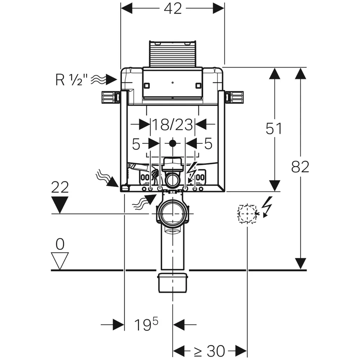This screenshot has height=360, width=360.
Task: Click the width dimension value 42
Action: coord(173,8)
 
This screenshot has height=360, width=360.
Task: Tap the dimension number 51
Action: coord(274,129)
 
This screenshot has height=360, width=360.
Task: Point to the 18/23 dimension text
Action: coord(172,124)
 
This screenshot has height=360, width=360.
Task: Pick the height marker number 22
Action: coord(60,187)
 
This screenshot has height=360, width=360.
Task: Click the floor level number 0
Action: coord(60,244)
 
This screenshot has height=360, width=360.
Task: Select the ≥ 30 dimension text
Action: coord(210,350)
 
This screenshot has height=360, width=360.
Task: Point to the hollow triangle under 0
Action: coord(60,260)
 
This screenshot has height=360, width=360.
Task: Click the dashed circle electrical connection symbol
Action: coord(247,213)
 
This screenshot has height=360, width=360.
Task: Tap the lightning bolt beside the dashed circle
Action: coord(268,206)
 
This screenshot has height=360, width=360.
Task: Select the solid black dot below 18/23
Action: coord(172,143)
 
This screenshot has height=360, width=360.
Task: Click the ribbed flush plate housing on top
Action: coord(172,53)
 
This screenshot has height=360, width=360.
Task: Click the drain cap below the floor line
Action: coord(172,282)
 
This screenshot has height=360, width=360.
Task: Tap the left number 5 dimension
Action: coord(136,143)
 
